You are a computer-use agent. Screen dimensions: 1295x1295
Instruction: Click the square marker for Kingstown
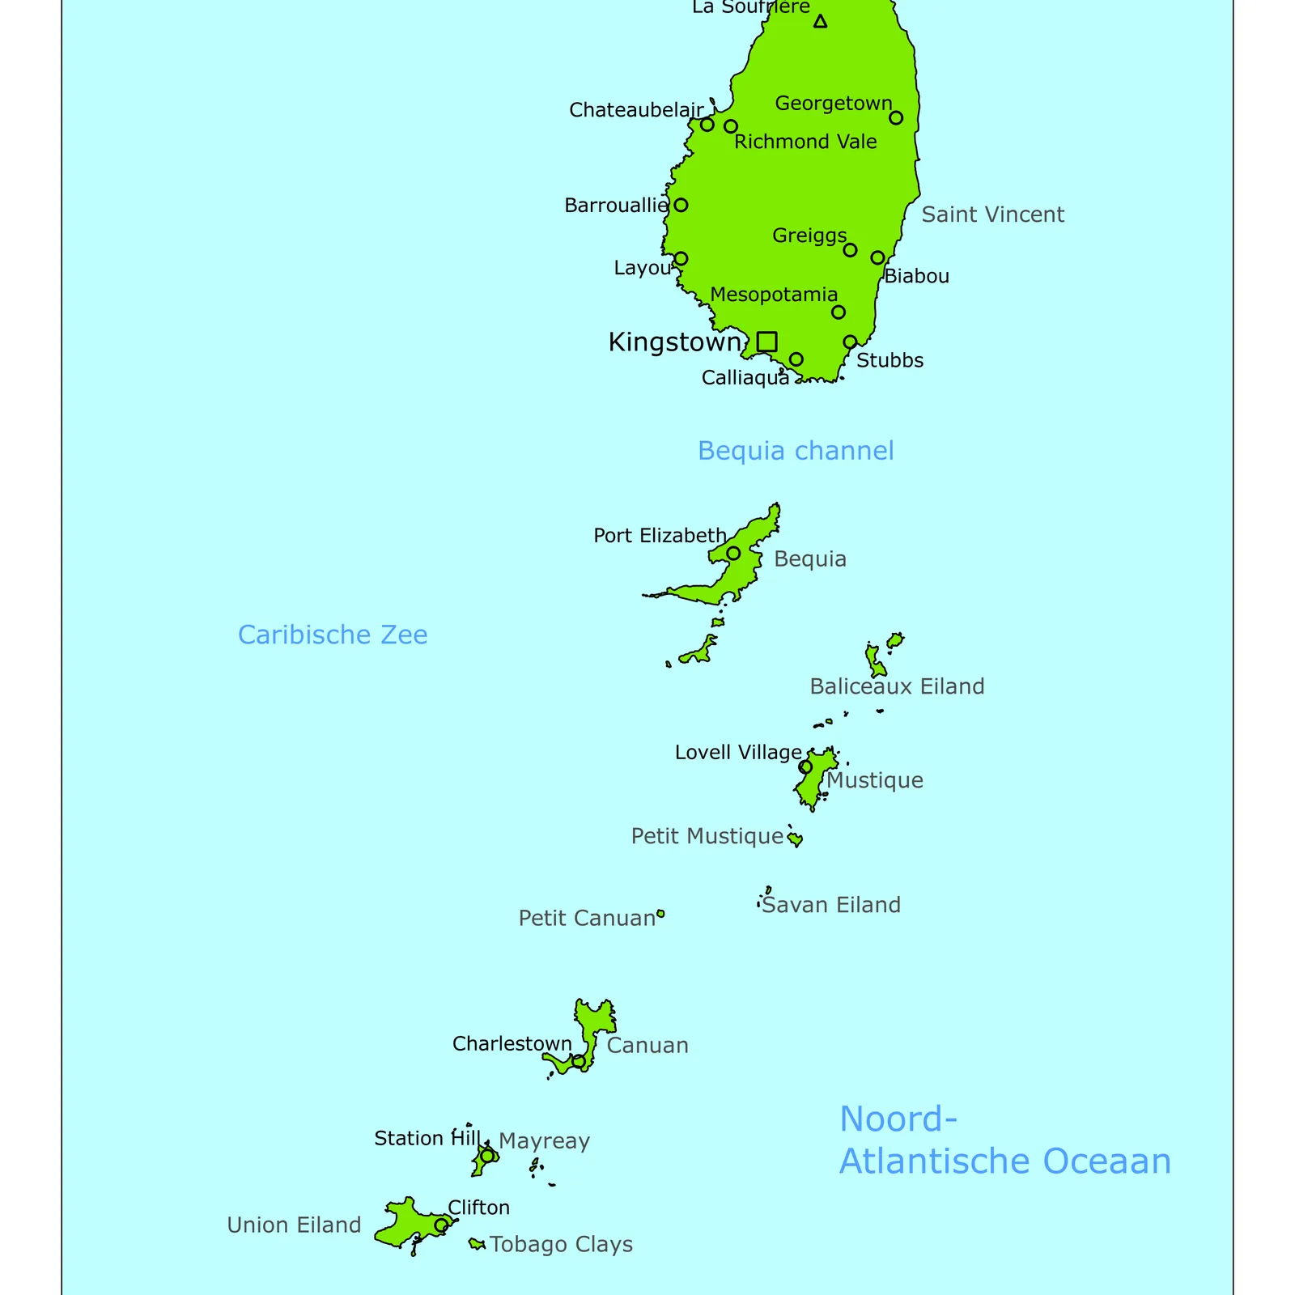pyautogui.click(x=766, y=342)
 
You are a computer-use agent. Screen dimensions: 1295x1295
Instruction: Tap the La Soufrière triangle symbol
pyautogui.click(x=820, y=22)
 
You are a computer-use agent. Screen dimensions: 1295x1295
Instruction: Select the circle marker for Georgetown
pyautogui.click(x=896, y=118)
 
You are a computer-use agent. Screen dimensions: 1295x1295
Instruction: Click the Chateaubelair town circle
pyautogui.click(x=707, y=125)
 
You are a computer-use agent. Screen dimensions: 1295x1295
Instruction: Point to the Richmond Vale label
pyautogui.click(x=805, y=142)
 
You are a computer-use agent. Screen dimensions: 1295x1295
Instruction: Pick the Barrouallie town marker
pyautogui.click(x=681, y=205)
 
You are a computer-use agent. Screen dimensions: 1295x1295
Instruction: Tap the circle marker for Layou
pyautogui.click(x=681, y=259)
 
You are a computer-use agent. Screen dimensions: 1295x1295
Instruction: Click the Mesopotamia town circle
pyautogui.click(x=839, y=312)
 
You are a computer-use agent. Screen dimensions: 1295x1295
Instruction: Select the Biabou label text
pyautogui.click(x=916, y=277)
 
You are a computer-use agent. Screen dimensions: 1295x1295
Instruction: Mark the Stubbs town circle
pyautogui.click(x=850, y=342)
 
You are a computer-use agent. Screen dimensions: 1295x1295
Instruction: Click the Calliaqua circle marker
pyautogui.click(x=796, y=359)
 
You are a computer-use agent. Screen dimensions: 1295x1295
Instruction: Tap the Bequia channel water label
pyautogui.click(x=796, y=451)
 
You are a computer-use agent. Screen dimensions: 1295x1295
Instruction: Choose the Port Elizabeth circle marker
pyautogui.click(x=733, y=554)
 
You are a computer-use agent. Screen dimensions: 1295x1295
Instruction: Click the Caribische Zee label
pyautogui.click(x=333, y=635)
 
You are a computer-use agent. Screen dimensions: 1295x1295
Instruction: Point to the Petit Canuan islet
pyautogui.click(x=660, y=914)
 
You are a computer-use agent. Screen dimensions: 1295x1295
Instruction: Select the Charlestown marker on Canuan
pyautogui.click(x=578, y=1061)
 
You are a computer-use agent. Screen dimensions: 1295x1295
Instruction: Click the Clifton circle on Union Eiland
pyautogui.click(x=441, y=1225)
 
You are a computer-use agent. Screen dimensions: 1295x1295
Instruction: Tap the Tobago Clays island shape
pyautogui.click(x=477, y=1244)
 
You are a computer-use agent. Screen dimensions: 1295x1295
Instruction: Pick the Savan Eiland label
pyautogui.click(x=831, y=905)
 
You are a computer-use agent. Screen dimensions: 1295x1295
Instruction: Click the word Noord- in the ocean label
pyautogui.click(x=898, y=1119)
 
